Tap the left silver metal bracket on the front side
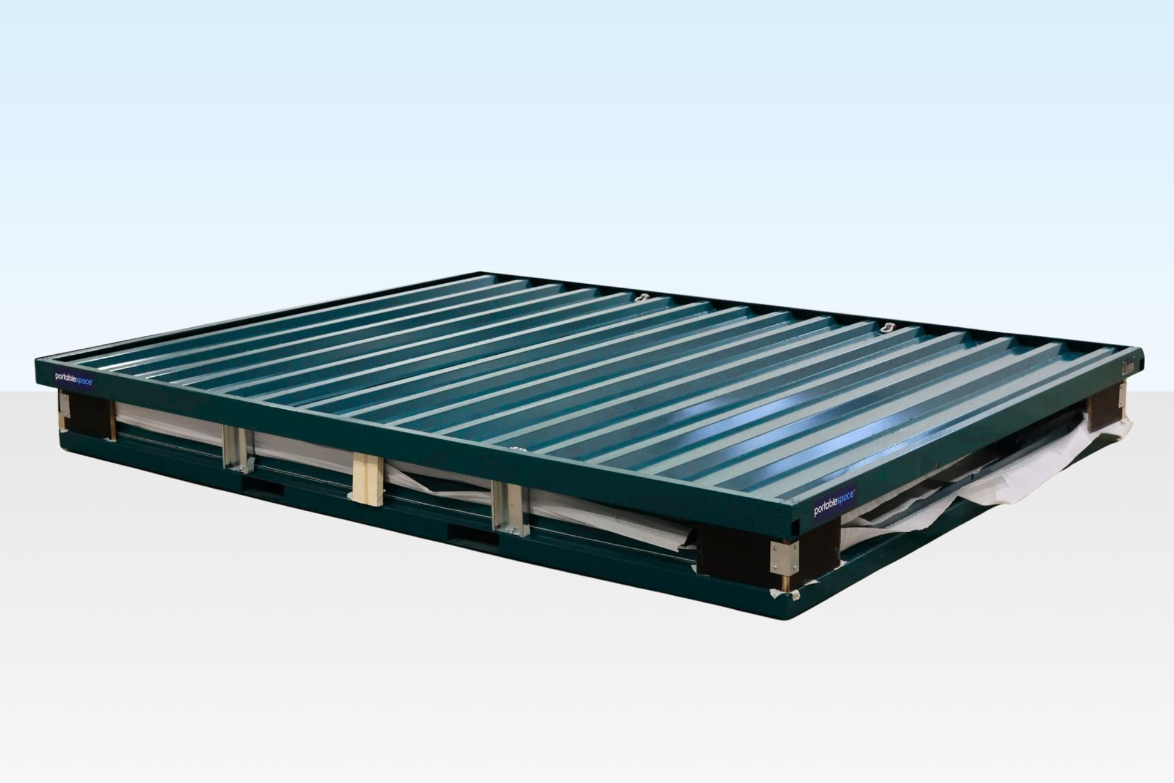tap(237, 448)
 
